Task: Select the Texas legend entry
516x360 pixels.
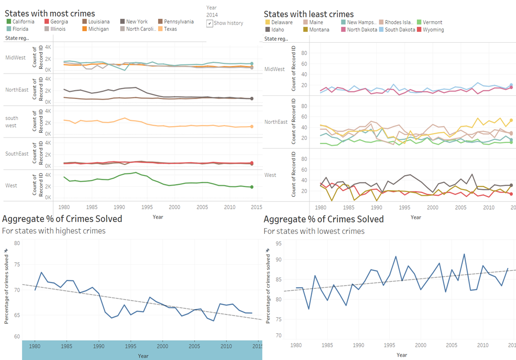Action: (170, 29)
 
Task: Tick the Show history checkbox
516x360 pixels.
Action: (210, 23)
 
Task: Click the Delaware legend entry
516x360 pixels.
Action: (281, 22)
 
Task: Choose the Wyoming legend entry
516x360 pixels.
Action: (433, 30)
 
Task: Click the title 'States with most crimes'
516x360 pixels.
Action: (50, 14)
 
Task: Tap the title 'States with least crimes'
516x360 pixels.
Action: (309, 14)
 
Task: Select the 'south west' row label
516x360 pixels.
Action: (12, 122)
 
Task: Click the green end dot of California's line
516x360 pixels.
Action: (252, 187)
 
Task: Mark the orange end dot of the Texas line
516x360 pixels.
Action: (252, 127)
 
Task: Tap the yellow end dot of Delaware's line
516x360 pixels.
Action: (511, 120)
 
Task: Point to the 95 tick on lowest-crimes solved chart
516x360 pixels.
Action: (278, 244)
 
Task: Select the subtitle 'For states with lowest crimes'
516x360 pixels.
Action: (314, 231)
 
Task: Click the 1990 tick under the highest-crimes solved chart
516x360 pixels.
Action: (99, 346)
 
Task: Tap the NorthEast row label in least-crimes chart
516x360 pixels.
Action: (276, 122)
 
